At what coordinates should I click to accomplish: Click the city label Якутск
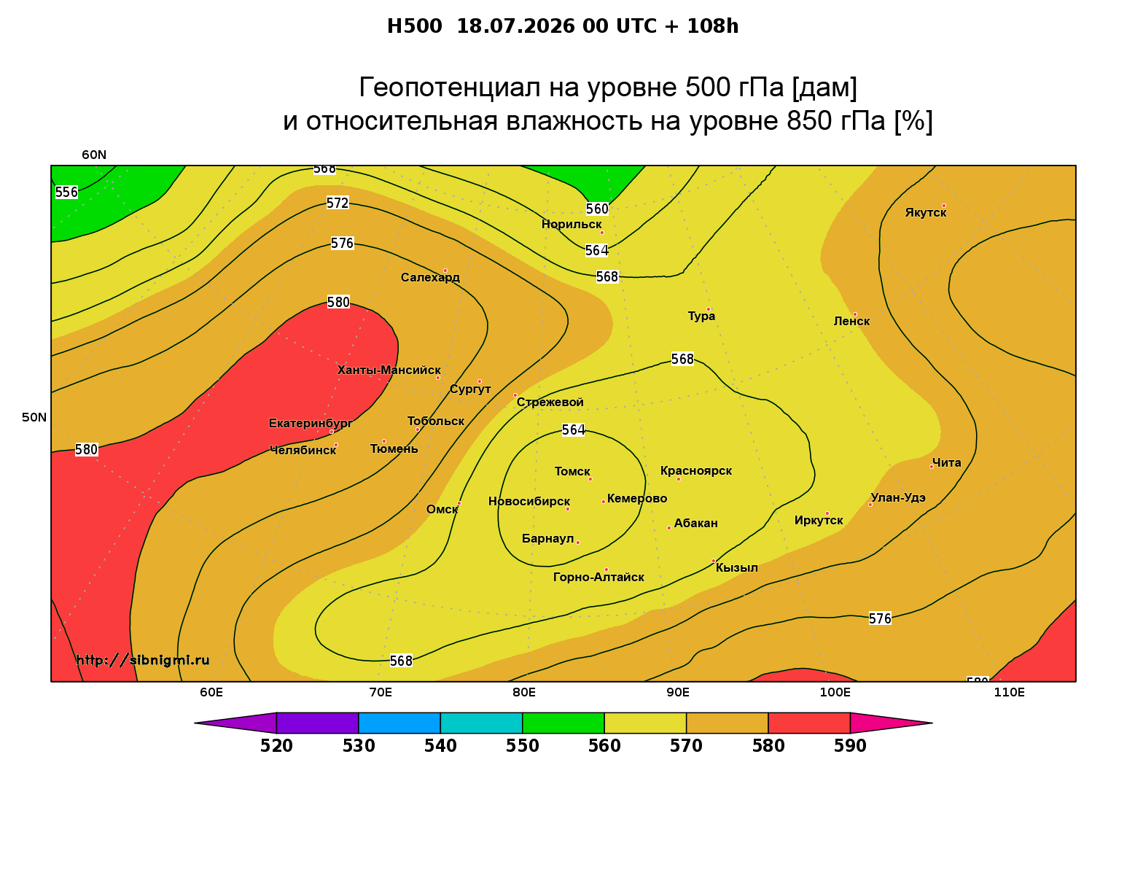[925, 213]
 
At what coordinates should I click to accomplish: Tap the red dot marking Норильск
[601, 233]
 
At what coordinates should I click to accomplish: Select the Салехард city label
[430, 277]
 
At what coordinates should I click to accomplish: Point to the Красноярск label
[695, 471]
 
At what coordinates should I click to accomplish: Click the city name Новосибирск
[529, 502]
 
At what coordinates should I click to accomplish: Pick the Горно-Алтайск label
[598, 578]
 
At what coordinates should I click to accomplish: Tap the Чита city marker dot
[932, 467]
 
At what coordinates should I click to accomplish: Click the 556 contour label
[66, 193]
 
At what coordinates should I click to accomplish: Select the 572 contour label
[338, 203]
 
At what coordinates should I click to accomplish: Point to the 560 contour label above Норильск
[597, 209]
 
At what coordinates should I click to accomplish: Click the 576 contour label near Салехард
[343, 244]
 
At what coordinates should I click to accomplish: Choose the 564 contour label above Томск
[574, 430]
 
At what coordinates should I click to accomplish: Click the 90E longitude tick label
[678, 693]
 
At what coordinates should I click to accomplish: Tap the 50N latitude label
[34, 417]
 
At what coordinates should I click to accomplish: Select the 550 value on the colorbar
[522, 746]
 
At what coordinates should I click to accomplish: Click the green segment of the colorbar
[563, 723]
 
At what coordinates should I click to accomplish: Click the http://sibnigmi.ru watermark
[143, 660]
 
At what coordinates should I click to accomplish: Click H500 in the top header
[414, 26]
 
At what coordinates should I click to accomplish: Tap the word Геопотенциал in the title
[449, 87]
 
